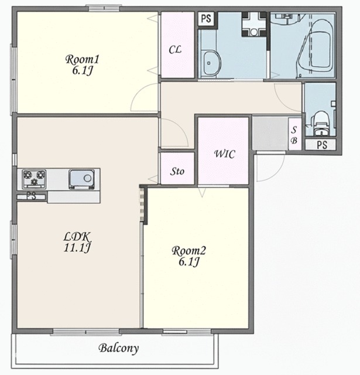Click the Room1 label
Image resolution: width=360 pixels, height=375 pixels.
(82, 60)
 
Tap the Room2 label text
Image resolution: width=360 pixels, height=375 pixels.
(188, 251)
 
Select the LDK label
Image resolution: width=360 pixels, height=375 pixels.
(77, 237)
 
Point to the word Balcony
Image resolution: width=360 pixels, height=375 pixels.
(119, 348)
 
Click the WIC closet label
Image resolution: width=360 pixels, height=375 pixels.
(224, 154)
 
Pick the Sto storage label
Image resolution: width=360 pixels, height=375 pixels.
(177, 171)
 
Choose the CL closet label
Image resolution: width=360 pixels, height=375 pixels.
(175, 50)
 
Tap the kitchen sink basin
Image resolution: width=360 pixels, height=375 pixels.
(81, 179)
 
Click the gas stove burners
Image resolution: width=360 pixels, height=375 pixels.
(34, 179)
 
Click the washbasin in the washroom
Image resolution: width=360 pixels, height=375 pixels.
(211, 63)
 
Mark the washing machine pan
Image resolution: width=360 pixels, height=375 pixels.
(253, 25)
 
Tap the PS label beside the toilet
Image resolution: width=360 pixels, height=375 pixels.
(322, 145)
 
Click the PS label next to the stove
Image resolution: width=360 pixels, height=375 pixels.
(31, 196)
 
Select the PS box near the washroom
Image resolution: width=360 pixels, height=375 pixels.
(207, 19)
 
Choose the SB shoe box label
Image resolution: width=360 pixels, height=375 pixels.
(294, 135)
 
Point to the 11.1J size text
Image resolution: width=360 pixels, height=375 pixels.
(77, 247)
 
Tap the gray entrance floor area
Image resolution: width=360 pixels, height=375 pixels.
(270, 133)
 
